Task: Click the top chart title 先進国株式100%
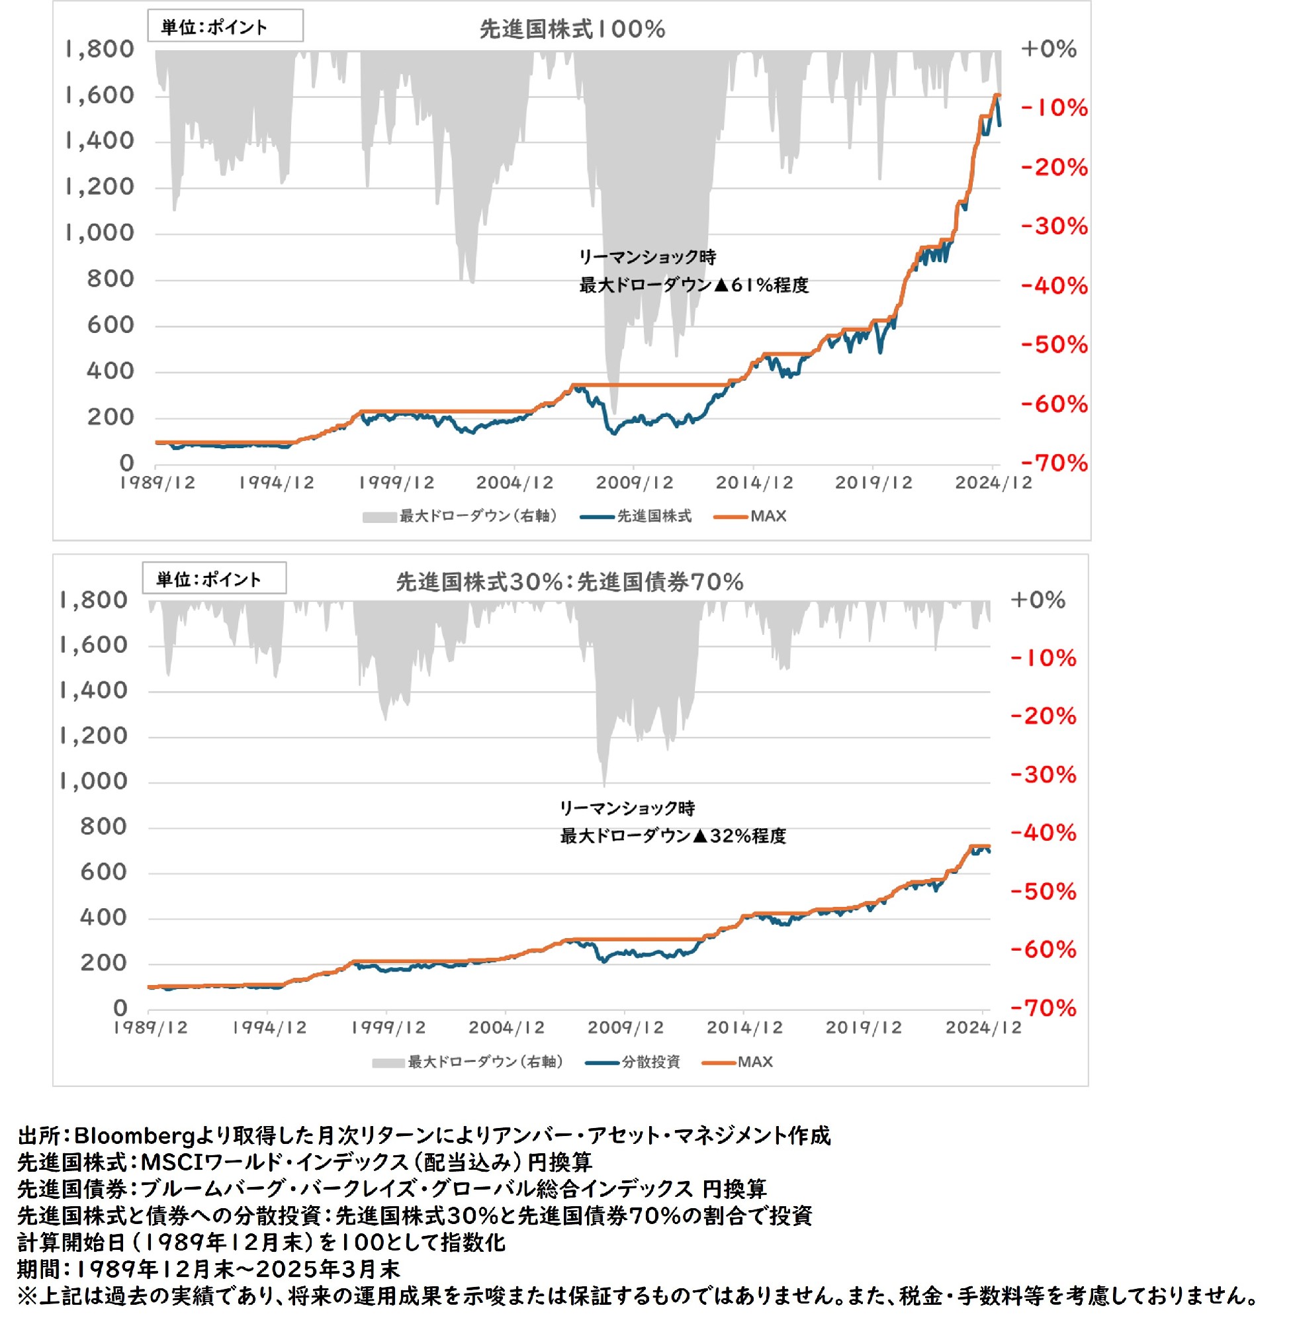[x=572, y=29]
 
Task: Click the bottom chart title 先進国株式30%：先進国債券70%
[x=569, y=582]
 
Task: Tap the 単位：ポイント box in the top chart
[x=225, y=26]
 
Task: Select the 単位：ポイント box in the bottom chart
[x=214, y=579]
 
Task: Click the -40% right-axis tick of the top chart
[x=1054, y=286]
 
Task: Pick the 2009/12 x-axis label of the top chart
[x=635, y=483]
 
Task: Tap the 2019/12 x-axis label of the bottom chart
[x=863, y=1027]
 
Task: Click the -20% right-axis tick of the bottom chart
[x=1044, y=716]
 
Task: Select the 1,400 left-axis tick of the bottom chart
[x=94, y=690]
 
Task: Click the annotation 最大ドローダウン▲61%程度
[x=693, y=286]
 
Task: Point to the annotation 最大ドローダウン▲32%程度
[x=673, y=836]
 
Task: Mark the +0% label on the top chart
[x=1049, y=49]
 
